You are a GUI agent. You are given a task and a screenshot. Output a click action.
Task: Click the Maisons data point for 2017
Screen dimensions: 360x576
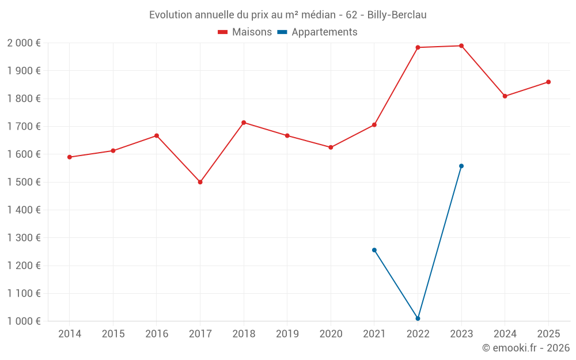200,182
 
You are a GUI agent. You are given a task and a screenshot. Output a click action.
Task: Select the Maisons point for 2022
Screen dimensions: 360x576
418,47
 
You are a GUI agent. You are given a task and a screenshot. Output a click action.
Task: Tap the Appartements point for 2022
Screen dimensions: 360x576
418,319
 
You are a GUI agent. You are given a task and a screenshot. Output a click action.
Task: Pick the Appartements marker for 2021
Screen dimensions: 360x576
374,250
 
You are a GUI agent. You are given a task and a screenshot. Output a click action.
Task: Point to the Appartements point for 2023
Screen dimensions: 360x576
461,166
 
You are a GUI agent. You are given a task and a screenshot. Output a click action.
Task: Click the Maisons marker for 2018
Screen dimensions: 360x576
244,123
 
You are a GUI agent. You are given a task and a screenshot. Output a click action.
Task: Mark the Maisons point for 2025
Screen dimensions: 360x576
548,82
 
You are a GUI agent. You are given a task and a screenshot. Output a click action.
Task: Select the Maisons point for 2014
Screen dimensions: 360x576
70,157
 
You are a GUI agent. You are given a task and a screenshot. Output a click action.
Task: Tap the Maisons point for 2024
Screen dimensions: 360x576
505,96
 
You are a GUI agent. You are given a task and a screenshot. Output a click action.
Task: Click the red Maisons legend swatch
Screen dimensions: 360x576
222,32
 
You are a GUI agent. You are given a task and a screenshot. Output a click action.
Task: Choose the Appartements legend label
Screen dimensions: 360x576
324,32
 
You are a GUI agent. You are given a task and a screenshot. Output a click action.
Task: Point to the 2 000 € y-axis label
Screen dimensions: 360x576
24,43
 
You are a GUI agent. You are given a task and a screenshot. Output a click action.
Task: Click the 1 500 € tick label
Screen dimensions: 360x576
24,182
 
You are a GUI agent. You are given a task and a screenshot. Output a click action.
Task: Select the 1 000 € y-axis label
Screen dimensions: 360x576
24,321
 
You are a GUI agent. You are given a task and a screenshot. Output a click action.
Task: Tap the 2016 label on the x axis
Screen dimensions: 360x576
157,334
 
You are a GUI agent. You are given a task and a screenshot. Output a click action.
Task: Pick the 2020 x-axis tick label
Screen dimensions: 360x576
331,334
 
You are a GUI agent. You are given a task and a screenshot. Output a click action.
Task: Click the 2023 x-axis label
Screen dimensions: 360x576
461,334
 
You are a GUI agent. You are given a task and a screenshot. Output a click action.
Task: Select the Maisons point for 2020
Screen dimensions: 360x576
331,147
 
